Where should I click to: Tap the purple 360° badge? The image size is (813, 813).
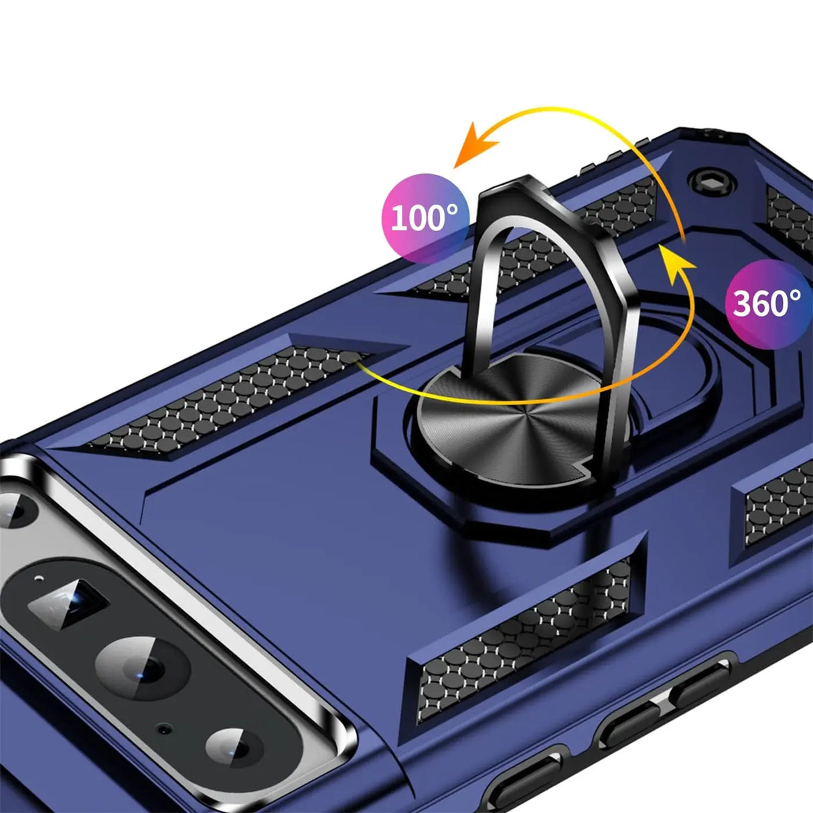pyautogui.click(x=769, y=304)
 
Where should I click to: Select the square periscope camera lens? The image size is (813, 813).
pyautogui.click(x=68, y=603)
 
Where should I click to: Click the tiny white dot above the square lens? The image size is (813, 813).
pyautogui.click(x=40, y=577)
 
